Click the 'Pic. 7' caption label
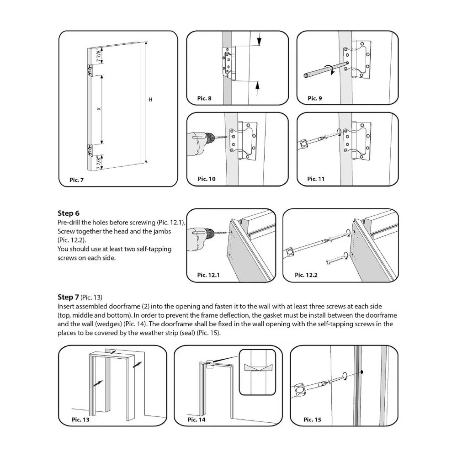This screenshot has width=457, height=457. (x=76, y=180)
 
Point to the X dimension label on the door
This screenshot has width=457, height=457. (x=98, y=109)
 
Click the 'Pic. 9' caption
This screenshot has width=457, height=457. (x=315, y=98)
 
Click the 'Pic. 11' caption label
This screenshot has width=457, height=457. (x=316, y=179)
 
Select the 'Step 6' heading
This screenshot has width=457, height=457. (x=69, y=213)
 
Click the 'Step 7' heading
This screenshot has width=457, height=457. (x=69, y=297)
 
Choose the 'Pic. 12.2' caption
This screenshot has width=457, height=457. (x=306, y=275)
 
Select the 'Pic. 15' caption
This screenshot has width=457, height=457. (x=312, y=419)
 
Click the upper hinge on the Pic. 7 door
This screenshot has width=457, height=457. (x=90, y=70)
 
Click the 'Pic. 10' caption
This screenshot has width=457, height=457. (x=206, y=179)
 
